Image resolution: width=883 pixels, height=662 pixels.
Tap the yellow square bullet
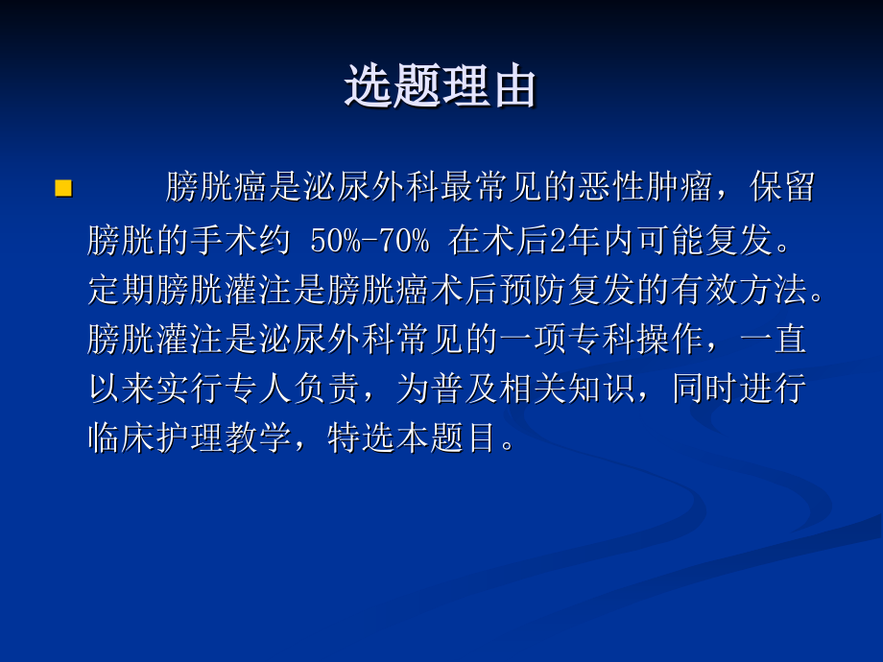point(63,188)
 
